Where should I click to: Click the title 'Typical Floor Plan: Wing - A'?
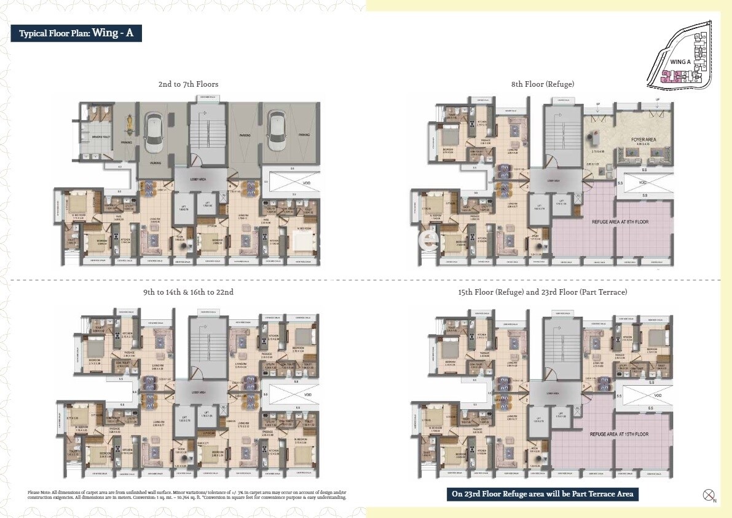[76, 33]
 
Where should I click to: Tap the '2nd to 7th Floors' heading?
[188, 84]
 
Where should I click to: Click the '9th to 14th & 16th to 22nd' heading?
[188, 292]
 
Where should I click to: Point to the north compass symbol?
[708, 494]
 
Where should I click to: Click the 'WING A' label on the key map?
[680, 62]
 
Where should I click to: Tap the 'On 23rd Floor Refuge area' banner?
[543, 494]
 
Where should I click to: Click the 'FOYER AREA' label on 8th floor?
[643, 140]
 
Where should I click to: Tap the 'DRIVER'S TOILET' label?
[101, 136]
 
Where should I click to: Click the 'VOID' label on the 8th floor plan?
[643, 183]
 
